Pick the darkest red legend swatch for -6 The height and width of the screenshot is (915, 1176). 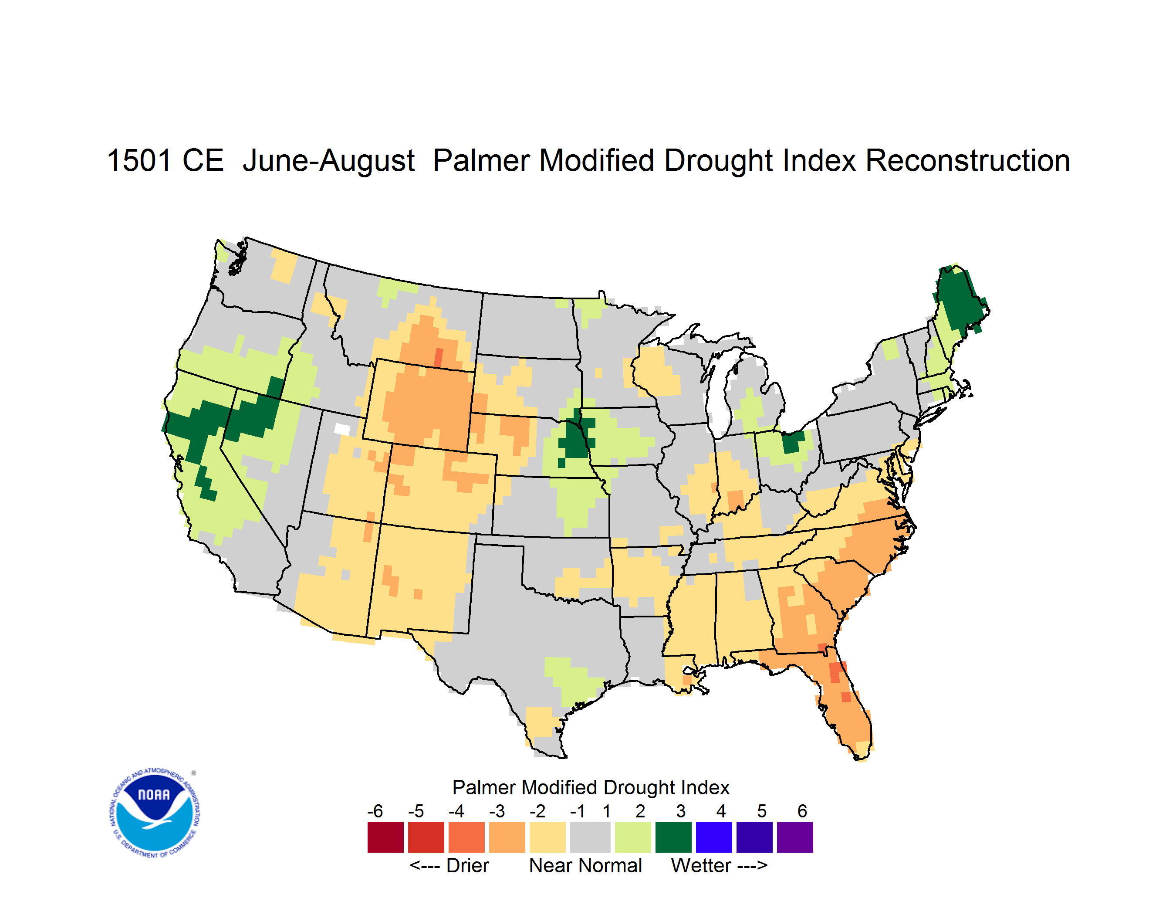coord(385,837)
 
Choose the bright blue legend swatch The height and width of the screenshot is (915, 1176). coord(714,837)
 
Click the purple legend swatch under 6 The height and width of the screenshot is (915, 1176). coord(795,837)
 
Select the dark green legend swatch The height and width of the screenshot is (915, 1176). coord(673,837)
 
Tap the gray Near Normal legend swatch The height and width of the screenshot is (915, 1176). coord(590,837)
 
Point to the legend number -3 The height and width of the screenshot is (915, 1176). coord(497,811)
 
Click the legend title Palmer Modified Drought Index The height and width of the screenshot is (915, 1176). coord(591,787)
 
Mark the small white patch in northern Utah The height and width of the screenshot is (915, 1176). coord(342,429)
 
